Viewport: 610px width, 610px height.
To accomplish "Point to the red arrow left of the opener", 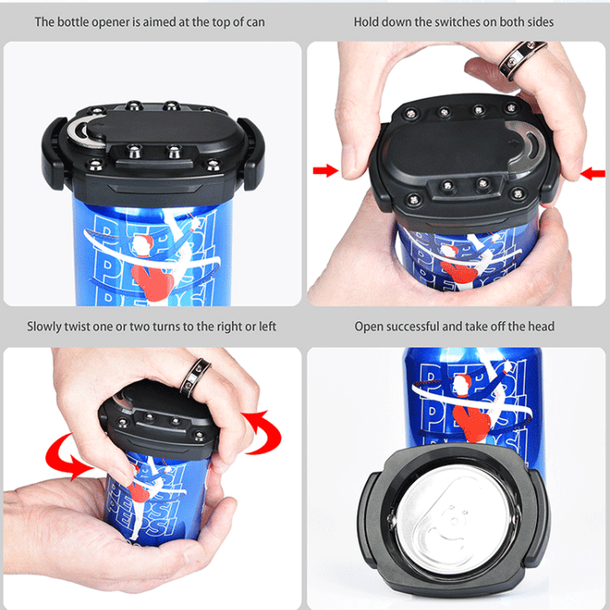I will click(325, 171).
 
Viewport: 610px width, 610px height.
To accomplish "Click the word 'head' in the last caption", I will click(539, 327).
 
